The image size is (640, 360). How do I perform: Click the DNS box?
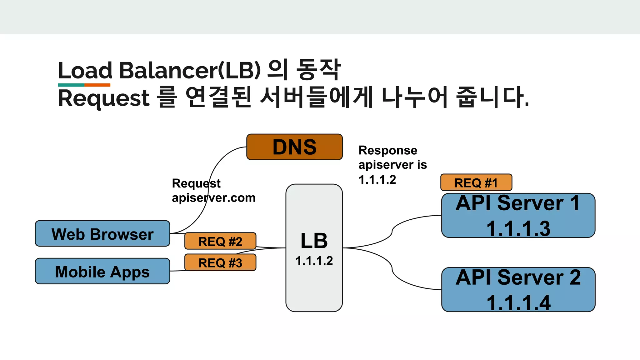tap(294, 147)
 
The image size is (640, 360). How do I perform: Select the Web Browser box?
tap(102, 234)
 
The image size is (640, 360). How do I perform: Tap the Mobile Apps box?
tap(102, 271)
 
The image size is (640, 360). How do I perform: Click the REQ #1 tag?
tap(476, 182)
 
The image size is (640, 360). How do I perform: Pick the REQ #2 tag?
tap(220, 241)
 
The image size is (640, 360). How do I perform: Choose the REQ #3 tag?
tap(220, 262)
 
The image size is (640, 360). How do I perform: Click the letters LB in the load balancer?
tap(314, 241)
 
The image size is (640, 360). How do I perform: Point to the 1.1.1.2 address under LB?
tap(314, 261)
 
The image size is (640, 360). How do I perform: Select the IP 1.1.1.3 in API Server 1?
tap(518, 228)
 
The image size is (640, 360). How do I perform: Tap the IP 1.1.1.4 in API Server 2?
tap(518, 302)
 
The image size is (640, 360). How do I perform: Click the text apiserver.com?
tap(214, 198)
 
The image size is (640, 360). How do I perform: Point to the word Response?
tap(388, 150)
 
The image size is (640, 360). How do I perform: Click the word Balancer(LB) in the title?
tap(190, 70)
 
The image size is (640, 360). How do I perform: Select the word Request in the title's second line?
tap(104, 98)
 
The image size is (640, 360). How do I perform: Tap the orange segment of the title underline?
tap(97, 85)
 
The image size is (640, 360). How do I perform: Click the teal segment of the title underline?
tap(71, 85)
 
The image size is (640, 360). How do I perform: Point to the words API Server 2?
tap(518, 277)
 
